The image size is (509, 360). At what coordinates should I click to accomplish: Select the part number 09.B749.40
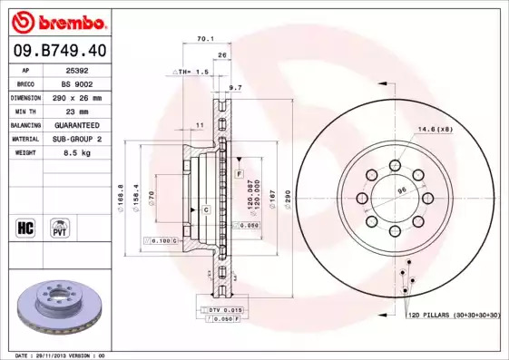[x=60, y=51]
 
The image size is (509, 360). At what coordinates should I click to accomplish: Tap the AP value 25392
[x=77, y=71]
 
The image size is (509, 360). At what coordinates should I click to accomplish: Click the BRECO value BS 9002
[x=77, y=84]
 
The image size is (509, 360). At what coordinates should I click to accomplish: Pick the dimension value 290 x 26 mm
[x=77, y=98]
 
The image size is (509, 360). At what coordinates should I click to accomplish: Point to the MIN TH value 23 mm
[x=77, y=112]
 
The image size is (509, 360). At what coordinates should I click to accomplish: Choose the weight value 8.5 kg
[x=77, y=152]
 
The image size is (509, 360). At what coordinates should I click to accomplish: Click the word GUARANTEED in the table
[x=77, y=125]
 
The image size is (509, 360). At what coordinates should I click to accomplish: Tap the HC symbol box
[x=25, y=228]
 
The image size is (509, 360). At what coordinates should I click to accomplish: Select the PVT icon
[x=60, y=228]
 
